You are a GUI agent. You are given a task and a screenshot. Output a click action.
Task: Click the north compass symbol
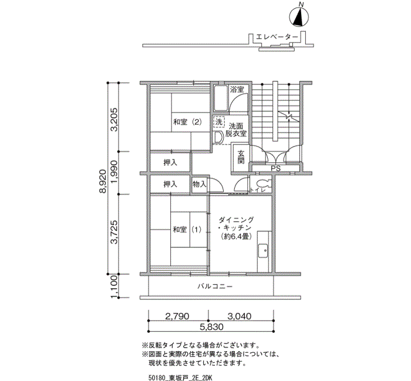click(x=299, y=17)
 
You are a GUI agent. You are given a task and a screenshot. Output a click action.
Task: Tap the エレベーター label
click(x=277, y=38)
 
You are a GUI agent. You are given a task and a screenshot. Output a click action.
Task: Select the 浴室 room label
click(x=237, y=90)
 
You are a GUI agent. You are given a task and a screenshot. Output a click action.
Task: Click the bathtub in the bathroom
click(x=221, y=98)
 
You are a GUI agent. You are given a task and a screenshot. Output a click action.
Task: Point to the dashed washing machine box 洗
click(x=218, y=122)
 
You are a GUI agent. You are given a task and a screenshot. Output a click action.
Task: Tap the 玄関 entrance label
click(x=241, y=157)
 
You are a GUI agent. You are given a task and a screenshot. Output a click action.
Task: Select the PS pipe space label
click(x=275, y=169)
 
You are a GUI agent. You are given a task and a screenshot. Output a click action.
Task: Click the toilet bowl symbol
click(x=263, y=182)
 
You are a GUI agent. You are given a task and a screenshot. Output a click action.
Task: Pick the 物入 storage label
click(x=200, y=185)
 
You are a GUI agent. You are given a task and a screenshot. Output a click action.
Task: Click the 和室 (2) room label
click(x=187, y=122)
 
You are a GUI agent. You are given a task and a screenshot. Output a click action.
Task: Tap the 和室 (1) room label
click(x=187, y=230)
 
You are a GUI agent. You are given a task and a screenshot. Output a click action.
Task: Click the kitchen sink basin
click(x=263, y=251)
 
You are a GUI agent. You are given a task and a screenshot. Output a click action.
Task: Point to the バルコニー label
click(x=215, y=287)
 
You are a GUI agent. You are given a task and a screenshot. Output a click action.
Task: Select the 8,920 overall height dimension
click(x=103, y=181)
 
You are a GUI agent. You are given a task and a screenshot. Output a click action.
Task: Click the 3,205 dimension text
click(x=114, y=119)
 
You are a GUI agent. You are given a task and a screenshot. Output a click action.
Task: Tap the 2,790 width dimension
click(x=177, y=317)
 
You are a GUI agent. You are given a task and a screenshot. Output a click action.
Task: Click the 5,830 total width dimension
click(x=211, y=327)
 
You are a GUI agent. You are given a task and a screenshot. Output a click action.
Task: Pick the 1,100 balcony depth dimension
click(x=114, y=287)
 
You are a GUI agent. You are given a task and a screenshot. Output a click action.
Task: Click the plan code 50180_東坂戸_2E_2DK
click(x=180, y=377)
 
